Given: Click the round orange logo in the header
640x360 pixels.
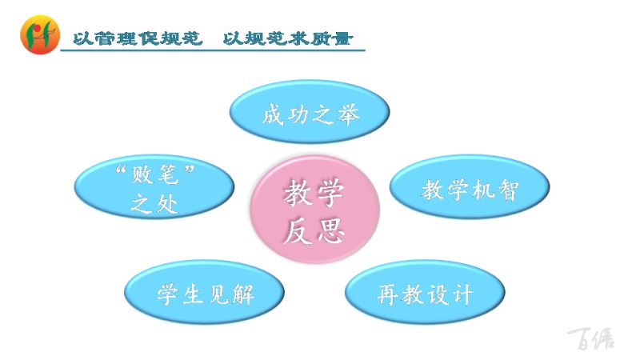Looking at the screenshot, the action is [40, 34].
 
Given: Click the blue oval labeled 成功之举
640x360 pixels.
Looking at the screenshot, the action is [310, 112].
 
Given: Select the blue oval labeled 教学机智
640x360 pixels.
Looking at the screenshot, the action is [470, 186].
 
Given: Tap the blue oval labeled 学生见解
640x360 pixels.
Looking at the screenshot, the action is [204, 292].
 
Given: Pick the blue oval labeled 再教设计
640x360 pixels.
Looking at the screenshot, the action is [425, 292].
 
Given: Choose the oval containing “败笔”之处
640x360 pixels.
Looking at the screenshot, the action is [154, 186].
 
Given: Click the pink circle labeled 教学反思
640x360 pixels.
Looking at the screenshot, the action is [314, 209].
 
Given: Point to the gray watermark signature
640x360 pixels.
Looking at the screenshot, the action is [590, 338].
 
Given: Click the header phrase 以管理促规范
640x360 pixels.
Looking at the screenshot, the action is [138, 38].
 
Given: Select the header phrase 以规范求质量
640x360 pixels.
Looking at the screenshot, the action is [287, 38].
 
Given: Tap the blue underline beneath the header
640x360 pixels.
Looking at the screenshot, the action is [213, 50].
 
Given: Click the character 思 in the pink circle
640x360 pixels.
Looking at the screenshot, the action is [331, 230].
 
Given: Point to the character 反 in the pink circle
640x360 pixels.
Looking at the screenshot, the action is [298, 230].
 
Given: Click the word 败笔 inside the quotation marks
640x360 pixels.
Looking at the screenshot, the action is [154, 174].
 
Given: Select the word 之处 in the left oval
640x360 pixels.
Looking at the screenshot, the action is [154, 203].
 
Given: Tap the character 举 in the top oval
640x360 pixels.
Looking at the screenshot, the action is [348, 114].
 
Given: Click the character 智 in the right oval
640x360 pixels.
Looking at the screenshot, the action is [507, 190].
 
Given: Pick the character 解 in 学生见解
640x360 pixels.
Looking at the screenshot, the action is [243, 294].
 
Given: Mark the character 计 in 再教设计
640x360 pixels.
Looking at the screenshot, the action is [462, 294].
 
